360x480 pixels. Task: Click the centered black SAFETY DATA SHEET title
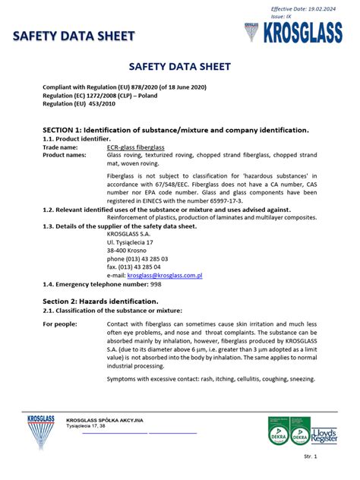(179, 68)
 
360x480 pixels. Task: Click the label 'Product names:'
(65, 155)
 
